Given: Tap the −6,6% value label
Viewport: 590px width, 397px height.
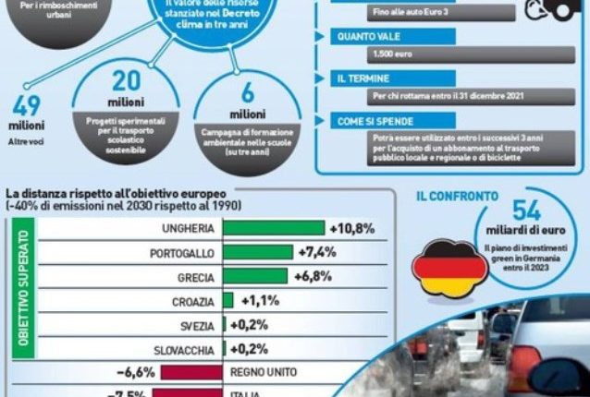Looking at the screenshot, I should point(135,372).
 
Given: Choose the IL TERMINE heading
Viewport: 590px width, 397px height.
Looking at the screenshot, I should point(364,78).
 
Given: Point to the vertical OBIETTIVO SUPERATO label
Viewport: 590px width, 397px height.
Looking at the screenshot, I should point(23,295).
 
